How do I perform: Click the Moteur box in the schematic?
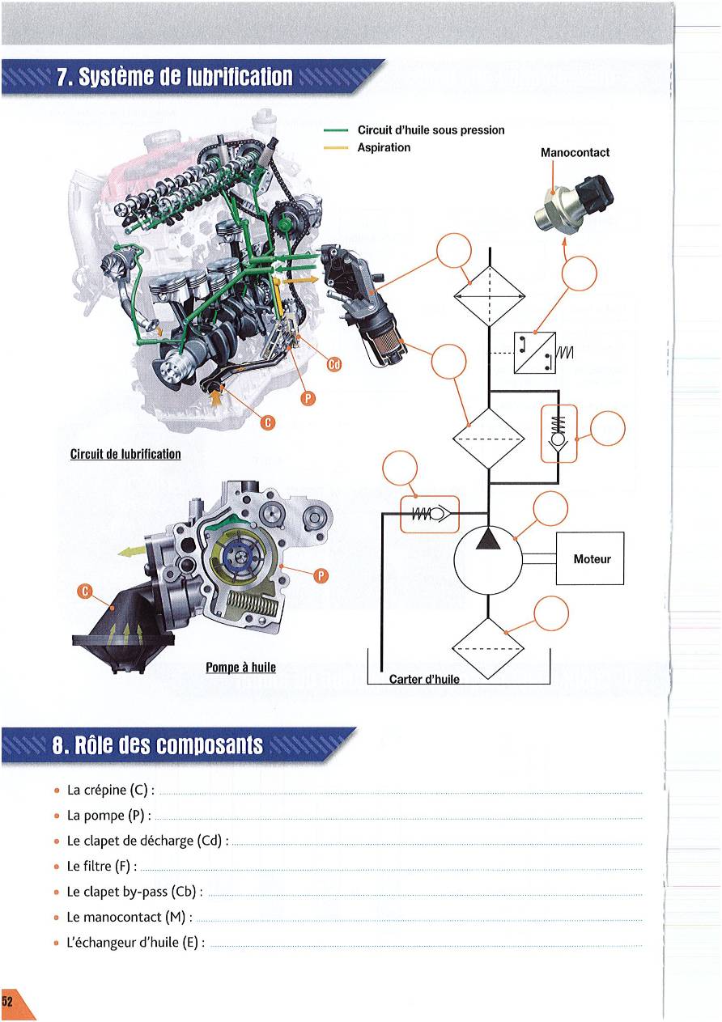click(x=590, y=558)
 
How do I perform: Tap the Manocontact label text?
click(x=575, y=152)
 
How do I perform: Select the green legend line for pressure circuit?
click(x=334, y=130)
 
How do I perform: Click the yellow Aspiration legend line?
click(x=334, y=148)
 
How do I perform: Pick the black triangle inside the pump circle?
click(x=488, y=538)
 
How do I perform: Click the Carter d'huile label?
click(x=424, y=679)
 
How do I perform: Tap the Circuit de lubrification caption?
click(x=125, y=453)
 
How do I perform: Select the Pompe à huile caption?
click(x=240, y=668)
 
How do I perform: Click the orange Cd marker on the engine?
click(x=333, y=365)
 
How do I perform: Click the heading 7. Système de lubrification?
click(x=173, y=78)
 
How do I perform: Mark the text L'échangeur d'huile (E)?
click(x=135, y=943)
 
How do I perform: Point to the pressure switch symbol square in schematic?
click(x=533, y=353)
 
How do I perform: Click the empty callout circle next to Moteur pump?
click(x=550, y=508)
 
